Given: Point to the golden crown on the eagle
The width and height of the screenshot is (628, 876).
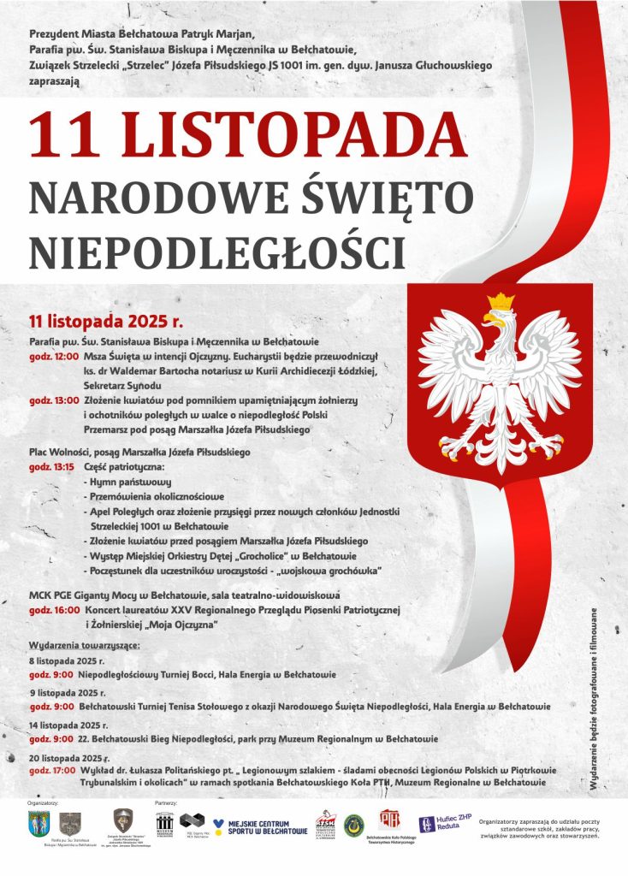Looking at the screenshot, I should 500,301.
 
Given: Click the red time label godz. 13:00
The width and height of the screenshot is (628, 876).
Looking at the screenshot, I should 54,400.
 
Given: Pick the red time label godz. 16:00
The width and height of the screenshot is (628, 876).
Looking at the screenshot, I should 54,610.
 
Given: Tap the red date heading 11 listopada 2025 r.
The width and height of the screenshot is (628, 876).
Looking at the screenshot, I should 106,322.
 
